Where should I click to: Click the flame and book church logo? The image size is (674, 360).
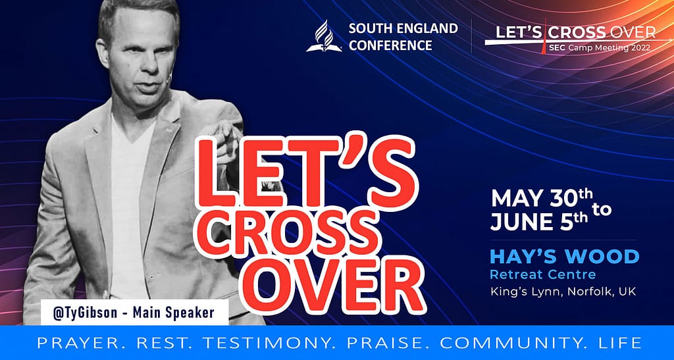click(x=324, y=36)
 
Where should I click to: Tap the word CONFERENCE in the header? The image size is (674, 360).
click(x=390, y=45)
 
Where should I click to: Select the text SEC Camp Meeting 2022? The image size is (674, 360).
click(x=599, y=47)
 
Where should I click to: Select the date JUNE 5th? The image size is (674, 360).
click(x=539, y=221)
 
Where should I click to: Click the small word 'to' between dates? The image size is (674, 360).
click(x=602, y=210)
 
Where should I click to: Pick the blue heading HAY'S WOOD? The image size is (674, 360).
click(x=564, y=257)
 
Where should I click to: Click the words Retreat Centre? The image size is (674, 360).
click(x=543, y=274)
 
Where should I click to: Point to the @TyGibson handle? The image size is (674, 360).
click(x=85, y=313)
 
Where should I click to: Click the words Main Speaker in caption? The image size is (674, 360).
click(x=173, y=313)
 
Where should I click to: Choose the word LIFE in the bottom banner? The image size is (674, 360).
click(x=621, y=343)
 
